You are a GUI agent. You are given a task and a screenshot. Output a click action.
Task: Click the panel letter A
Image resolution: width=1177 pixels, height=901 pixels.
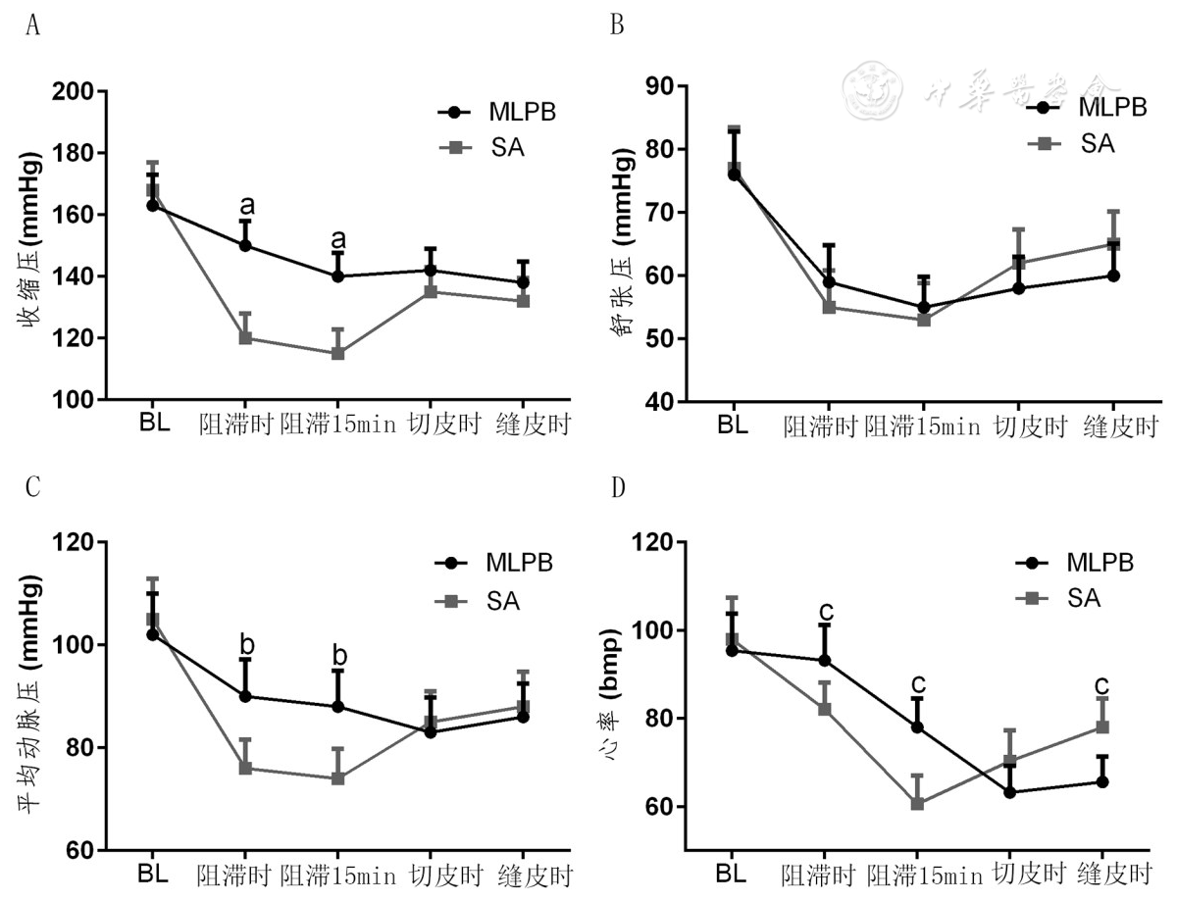click(x=33, y=25)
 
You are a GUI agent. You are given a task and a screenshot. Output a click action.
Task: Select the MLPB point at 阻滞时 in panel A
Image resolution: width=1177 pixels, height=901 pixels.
click(x=245, y=245)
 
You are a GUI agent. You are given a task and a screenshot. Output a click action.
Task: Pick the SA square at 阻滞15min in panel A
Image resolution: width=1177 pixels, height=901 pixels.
click(x=337, y=353)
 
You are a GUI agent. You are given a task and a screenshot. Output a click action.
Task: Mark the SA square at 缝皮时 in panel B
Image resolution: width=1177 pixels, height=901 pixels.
click(x=1113, y=244)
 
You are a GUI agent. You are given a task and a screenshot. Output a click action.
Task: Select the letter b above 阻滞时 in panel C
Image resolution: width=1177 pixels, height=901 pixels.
click(x=247, y=645)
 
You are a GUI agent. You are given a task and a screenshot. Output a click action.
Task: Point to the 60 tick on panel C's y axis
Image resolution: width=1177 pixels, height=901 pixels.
click(x=82, y=850)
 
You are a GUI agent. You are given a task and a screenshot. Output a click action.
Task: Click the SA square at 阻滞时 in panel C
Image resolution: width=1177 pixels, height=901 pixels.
click(x=245, y=768)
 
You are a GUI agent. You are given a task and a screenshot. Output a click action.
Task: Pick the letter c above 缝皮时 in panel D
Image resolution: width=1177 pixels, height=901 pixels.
click(x=1102, y=683)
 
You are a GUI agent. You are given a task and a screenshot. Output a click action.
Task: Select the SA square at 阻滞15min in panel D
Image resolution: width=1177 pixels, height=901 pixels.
click(x=917, y=804)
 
